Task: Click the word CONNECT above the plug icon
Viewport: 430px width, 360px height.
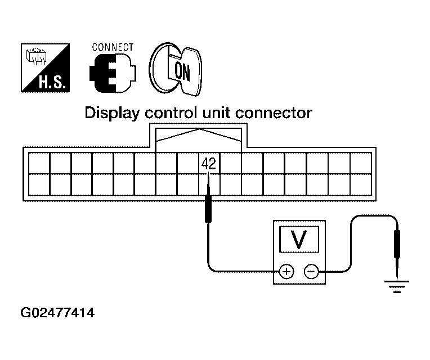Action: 113,47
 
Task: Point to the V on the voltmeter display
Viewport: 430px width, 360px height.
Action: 299,239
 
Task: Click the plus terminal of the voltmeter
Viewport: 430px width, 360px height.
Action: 286,272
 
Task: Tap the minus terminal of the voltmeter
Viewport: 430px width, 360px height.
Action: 311,272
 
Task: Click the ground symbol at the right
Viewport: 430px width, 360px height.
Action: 397,287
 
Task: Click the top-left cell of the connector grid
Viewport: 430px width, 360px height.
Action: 38,163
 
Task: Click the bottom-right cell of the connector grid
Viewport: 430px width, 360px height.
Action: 360,184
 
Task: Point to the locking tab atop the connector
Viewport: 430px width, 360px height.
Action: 199,135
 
